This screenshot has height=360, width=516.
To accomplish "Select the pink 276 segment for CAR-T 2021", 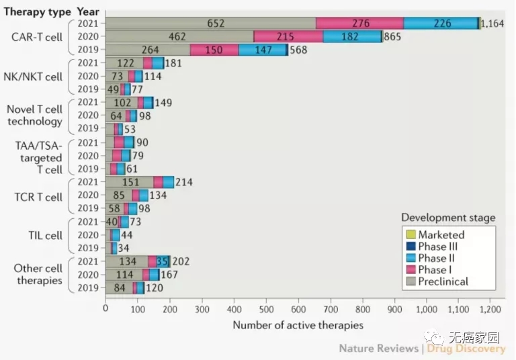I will [360, 24].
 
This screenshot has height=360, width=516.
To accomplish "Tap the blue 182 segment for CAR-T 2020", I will [349, 37].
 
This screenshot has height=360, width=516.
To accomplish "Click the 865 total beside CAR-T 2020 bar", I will [392, 37].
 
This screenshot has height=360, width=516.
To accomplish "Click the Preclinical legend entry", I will [443, 281].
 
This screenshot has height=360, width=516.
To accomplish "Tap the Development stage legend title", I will [448, 218].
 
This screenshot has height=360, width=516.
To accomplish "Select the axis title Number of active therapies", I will [298, 325].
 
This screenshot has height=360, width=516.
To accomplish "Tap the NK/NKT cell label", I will [34, 77].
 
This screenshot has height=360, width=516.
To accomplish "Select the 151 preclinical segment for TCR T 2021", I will [129, 183].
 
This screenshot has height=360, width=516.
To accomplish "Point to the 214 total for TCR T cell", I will [184, 183].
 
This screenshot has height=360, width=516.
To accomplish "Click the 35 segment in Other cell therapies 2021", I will [162, 262].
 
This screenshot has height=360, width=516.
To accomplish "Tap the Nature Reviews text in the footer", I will [379, 349].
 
